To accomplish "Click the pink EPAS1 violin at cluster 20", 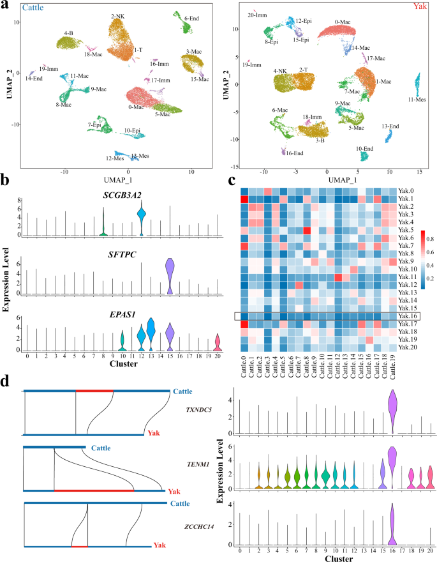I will (218, 343).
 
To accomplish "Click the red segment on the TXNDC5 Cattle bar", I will (94, 391).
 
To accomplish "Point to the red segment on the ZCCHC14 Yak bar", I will (79, 546).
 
